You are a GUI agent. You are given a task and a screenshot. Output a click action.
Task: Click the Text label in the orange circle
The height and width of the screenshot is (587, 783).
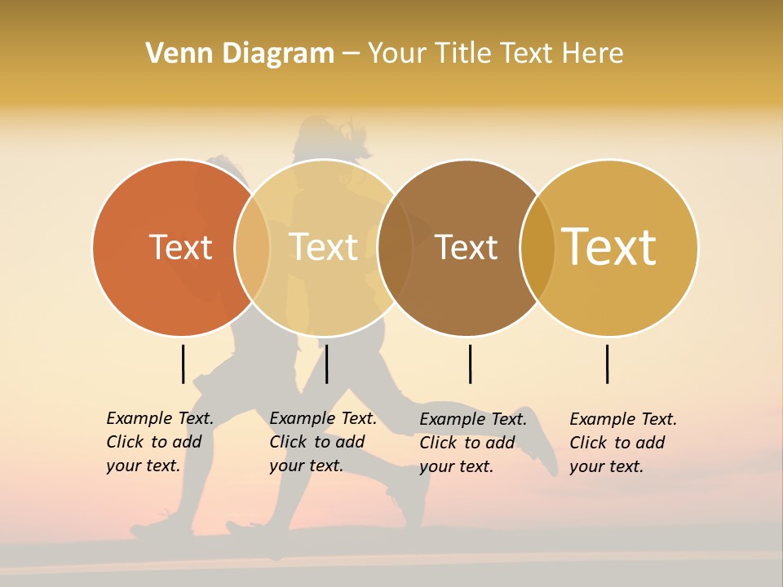click(x=180, y=247)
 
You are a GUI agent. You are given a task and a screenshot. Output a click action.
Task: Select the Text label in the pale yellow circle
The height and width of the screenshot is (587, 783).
click(x=324, y=247)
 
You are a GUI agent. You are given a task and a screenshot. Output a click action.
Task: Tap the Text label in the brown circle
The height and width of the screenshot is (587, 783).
click(x=466, y=247)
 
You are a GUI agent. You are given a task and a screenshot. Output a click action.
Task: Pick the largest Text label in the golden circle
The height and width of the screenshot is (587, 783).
click(x=609, y=246)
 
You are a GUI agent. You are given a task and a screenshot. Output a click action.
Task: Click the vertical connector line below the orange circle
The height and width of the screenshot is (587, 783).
click(x=183, y=364)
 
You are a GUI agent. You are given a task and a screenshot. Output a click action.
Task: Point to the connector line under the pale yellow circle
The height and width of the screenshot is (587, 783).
click(x=326, y=364)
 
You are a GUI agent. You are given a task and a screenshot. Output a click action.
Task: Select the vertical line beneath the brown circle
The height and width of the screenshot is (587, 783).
click(x=470, y=364)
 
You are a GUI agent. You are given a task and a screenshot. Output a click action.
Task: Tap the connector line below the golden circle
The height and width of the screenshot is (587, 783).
click(x=607, y=364)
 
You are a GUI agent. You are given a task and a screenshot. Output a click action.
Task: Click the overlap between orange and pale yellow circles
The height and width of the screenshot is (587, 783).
click(x=252, y=247)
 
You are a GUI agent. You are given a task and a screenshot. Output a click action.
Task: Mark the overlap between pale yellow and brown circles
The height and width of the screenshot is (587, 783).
click(x=395, y=247)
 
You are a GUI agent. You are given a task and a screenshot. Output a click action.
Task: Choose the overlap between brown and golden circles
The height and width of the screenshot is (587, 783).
click(x=537, y=247)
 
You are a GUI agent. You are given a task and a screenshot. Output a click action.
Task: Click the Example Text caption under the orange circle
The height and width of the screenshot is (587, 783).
click(x=160, y=442)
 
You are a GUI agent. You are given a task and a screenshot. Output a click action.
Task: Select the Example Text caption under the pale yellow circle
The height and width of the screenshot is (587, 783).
click(x=323, y=442)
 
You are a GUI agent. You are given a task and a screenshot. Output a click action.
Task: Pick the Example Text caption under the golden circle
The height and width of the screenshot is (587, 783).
click(x=623, y=443)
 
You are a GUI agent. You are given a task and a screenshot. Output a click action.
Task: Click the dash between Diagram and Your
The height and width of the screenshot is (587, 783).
click(x=351, y=53)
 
